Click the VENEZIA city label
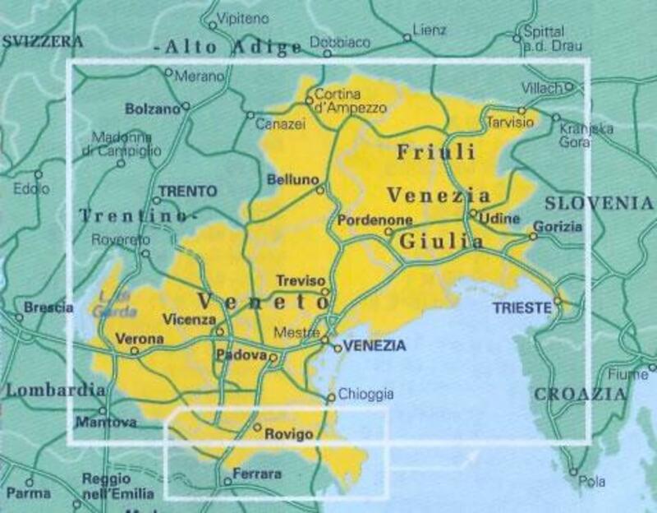pos(374,346)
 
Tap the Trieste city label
pos(521,307)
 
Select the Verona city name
pos(134,338)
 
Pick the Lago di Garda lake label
pos(113,304)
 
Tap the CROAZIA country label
pos(580,394)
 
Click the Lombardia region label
pos(56,391)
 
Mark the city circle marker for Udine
pos(473,214)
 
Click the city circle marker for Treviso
pos(325,292)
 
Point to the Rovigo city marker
pos(257,427)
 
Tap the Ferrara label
pos(257,474)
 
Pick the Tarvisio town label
pos(510,122)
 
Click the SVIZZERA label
pos(43,41)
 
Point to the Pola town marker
pos(573,471)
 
